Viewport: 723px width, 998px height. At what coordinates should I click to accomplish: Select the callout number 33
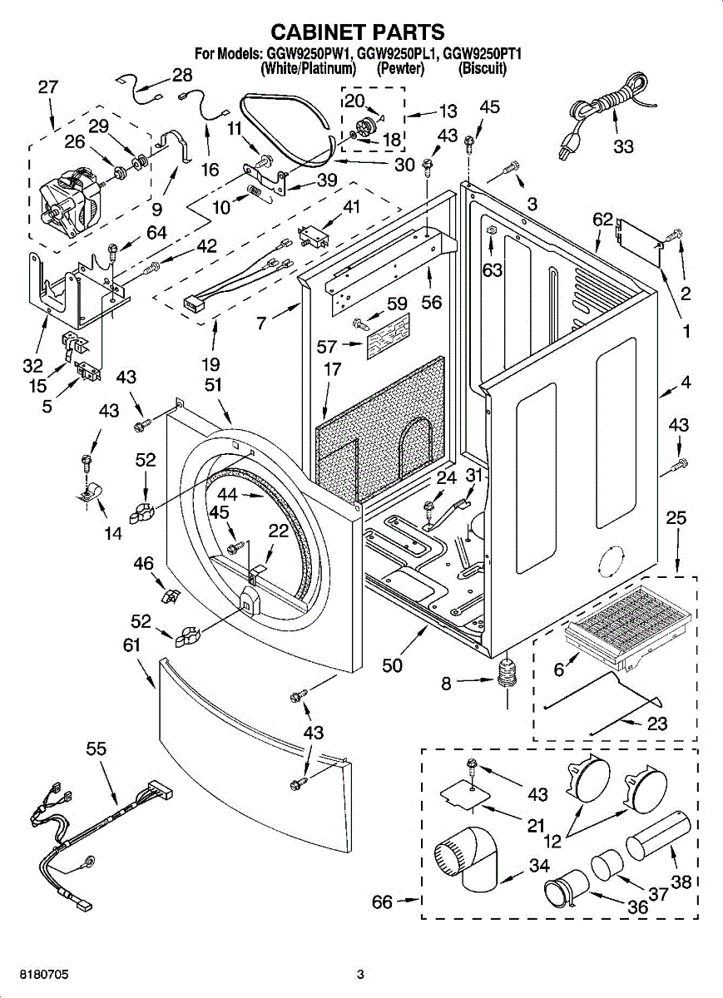tap(623, 147)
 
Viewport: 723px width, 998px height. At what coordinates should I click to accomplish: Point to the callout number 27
tap(48, 86)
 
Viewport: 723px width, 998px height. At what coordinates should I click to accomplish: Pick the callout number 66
tap(382, 902)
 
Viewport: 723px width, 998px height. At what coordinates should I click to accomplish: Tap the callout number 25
tap(676, 519)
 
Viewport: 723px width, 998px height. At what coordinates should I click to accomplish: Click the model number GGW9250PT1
tap(483, 55)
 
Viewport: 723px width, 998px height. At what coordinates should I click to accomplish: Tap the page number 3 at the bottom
tap(360, 974)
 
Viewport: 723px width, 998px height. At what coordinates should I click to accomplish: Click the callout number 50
tap(392, 665)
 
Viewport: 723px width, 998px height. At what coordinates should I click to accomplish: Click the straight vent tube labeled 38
tap(656, 838)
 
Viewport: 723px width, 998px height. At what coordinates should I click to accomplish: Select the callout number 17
tap(332, 369)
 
